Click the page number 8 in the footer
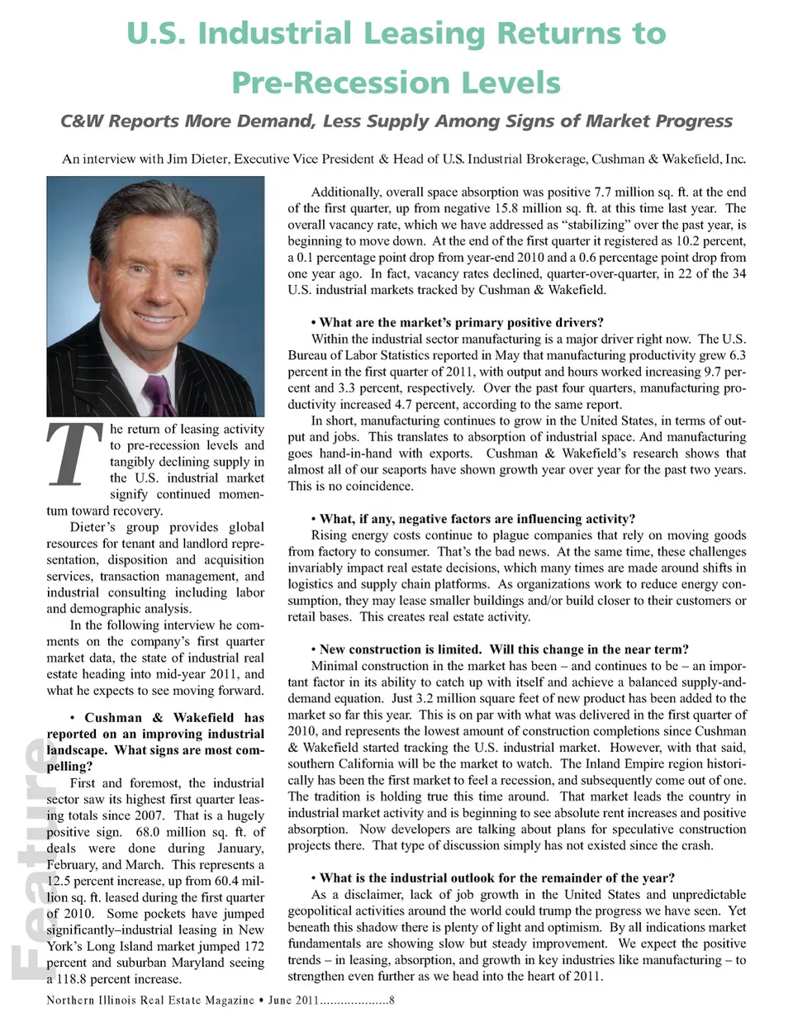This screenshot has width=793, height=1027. pos(392,1001)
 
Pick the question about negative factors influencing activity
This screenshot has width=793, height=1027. pos(477,519)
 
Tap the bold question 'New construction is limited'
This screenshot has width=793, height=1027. pos(400,649)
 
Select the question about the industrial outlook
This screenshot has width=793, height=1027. pos(496,877)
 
